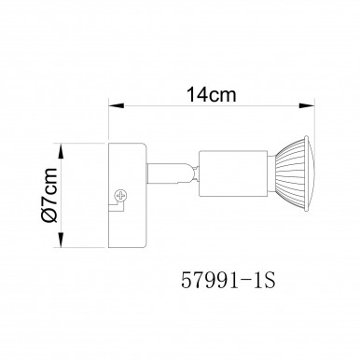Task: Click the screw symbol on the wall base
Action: tap(119, 195)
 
